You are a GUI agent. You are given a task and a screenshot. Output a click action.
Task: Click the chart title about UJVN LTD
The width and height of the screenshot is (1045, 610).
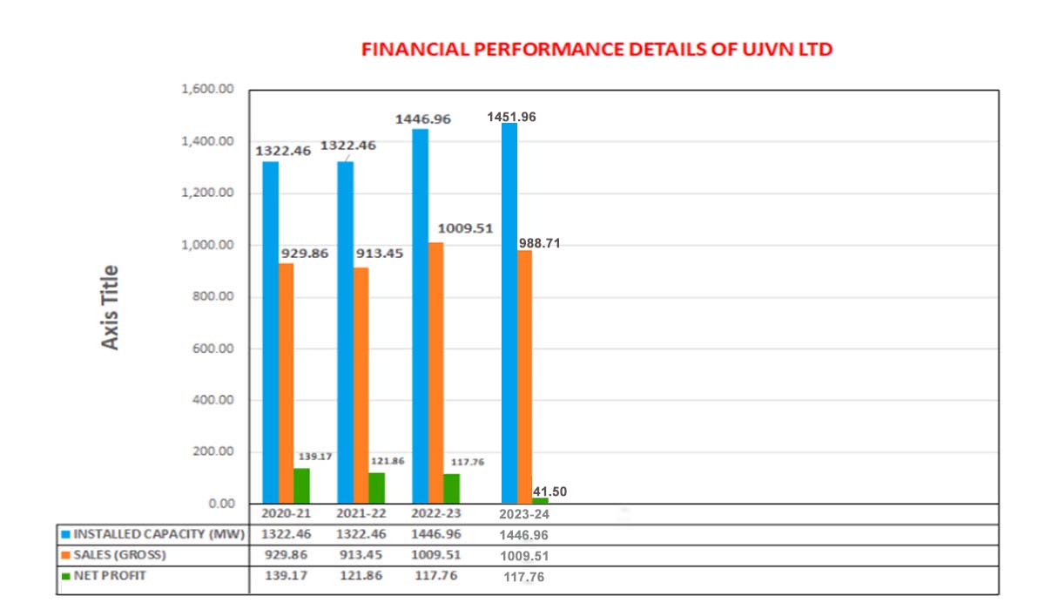[x=597, y=50]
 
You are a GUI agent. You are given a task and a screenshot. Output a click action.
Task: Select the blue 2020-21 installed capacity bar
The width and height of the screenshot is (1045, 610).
[x=270, y=331]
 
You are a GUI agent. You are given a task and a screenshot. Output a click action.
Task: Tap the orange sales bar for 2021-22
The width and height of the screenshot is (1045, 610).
[x=361, y=383]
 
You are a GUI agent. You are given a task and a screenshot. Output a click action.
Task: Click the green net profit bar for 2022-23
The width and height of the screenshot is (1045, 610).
[x=451, y=488]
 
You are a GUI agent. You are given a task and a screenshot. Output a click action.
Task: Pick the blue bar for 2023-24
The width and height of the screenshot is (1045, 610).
[x=509, y=314]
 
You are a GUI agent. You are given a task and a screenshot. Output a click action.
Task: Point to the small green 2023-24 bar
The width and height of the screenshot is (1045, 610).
[x=540, y=500]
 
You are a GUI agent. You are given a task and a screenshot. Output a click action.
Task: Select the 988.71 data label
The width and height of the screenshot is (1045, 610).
[x=539, y=243]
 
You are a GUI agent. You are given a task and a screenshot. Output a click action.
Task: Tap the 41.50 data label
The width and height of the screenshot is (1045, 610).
[x=549, y=491]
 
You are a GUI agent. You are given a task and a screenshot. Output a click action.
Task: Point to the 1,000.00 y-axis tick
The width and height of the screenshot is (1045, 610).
[x=210, y=246]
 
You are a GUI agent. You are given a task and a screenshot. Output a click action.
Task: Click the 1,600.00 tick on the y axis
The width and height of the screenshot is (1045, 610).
[x=210, y=90]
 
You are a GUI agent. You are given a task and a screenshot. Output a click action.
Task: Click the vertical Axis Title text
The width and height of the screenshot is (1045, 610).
[x=110, y=307]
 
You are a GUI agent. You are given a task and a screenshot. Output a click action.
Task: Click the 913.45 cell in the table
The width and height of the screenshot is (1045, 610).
[x=361, y=555]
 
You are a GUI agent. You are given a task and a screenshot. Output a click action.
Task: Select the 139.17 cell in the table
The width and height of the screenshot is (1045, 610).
[x=287, y=576]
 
